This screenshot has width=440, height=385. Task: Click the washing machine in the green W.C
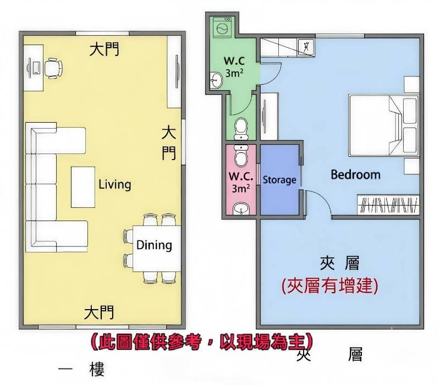(222, 27)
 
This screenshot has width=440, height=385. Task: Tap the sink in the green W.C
(216, 80)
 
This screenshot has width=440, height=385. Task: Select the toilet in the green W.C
(241, 129)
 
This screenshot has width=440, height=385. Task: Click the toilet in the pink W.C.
(241, 156)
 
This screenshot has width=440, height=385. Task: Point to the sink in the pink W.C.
(241, 209)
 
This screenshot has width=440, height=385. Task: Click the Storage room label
(279, 180)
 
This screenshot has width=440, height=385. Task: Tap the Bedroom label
(355, 174)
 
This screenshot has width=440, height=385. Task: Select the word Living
(115, 184)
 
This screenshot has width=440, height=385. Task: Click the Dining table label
(154, 245)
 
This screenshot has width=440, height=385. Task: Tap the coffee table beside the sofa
(83, 187)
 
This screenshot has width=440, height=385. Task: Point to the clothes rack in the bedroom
(388, 205)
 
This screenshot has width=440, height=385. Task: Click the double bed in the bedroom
(383, 125)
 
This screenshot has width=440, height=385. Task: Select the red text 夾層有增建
(329, 285)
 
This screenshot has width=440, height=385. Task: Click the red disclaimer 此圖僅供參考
(148, 342)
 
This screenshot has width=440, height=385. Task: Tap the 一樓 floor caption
(81, 369)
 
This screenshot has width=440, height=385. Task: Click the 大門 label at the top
(105, 49)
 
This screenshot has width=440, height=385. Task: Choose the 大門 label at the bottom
(99, 312)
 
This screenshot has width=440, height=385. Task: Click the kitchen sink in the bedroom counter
(306, 46)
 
